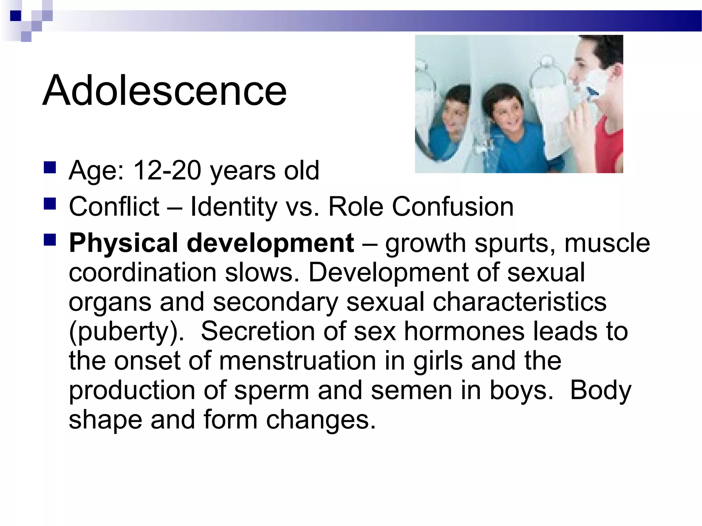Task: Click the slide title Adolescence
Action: [x=165, y=91]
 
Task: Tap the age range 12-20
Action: [x=167, y=170]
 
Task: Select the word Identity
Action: [x=233, y=207]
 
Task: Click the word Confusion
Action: [x=452, y=207]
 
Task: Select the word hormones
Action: [x=464, y=331]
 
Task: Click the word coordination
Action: [x=143, y=273]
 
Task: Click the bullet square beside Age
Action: [x=50, y=167]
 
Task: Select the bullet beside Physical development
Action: [x=50, y=240]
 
